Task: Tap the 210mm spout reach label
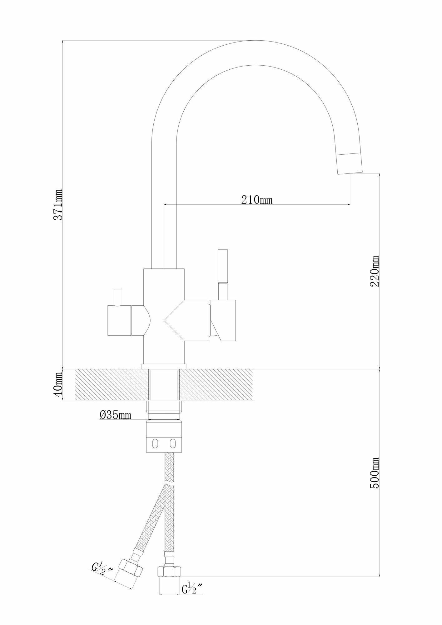tap(256, 199)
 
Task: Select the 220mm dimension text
tap(374, 271)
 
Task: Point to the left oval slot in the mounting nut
tap(155, 443)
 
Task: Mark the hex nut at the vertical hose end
tap(169, 572)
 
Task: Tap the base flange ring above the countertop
tap(164, 366)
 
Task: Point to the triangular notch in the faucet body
tap(175, 320)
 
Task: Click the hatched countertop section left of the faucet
tap(109, 385)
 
